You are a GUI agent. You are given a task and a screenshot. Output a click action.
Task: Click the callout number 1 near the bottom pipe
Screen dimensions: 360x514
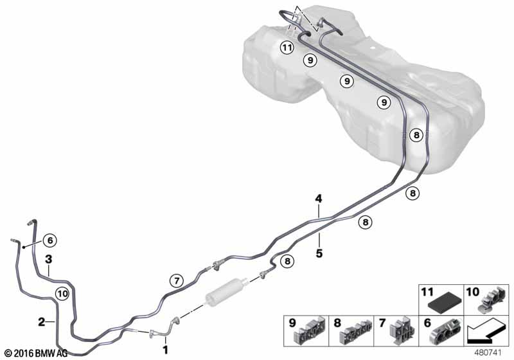pyautogui.click(x=165, y=350)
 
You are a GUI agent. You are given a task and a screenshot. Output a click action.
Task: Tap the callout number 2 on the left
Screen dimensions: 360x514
pyautogui.click(x=41, y=321)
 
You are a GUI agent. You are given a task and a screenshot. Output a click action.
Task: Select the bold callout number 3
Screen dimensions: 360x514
pyautogui.click(x=48, y=259)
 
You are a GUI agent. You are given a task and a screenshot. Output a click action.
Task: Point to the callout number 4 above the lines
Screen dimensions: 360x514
pyautogui.click(x=318, y=199)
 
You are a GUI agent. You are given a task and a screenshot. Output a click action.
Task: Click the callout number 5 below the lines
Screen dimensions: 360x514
pyautogui.click(x=319, y=253)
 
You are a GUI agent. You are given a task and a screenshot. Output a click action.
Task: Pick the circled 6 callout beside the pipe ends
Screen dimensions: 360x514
pyautogui.click(x=51, y=240)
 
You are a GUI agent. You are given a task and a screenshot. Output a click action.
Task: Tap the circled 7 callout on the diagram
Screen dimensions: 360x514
pyautogui.click(x=176, y=280)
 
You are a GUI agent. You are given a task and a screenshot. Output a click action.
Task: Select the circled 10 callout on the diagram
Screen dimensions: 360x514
pyautogui.click(x=62, y=293)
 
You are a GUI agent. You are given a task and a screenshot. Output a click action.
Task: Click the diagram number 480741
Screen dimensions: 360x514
pyautogui.click(x=493, y=352)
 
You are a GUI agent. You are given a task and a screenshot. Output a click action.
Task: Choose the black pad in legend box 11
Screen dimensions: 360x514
pyautogui.click(x=443, y=303)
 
